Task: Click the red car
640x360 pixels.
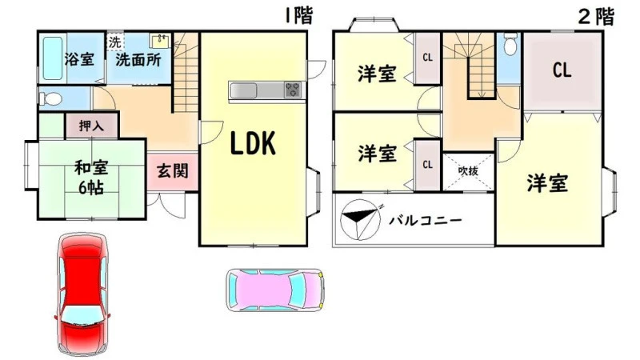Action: point(82,294)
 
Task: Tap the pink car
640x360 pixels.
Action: point(275,290)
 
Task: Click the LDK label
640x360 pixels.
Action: point(253,143)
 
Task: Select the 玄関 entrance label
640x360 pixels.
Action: point(173,170)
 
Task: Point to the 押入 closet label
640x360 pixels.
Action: point(91,126)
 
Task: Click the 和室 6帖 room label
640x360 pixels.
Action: point(91,178)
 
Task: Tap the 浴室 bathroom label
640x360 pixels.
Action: point(79,59)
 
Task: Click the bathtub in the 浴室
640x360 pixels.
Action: point(53,58)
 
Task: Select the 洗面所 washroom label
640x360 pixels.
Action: point(138,60)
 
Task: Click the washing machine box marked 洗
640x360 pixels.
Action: point(115,42)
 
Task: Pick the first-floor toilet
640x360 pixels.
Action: point(50,98)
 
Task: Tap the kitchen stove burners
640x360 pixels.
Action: point(293,90)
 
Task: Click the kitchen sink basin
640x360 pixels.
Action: point(243,90)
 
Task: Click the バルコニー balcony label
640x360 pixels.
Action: point(426,221)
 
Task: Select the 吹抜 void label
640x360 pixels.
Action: point(468,171)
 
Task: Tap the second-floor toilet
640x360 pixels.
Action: point(510,44)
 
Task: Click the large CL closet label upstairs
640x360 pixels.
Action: point(562,70)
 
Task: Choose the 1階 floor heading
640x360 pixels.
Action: point(299,15)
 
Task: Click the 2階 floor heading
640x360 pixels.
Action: point(596,17)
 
